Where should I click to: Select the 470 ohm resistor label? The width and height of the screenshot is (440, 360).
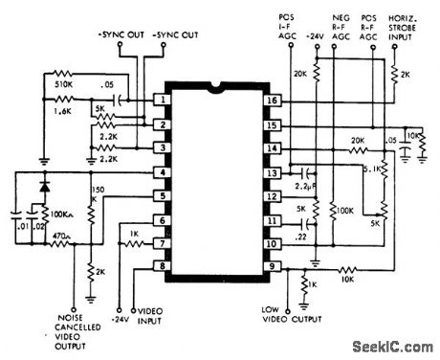pos(62,236)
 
